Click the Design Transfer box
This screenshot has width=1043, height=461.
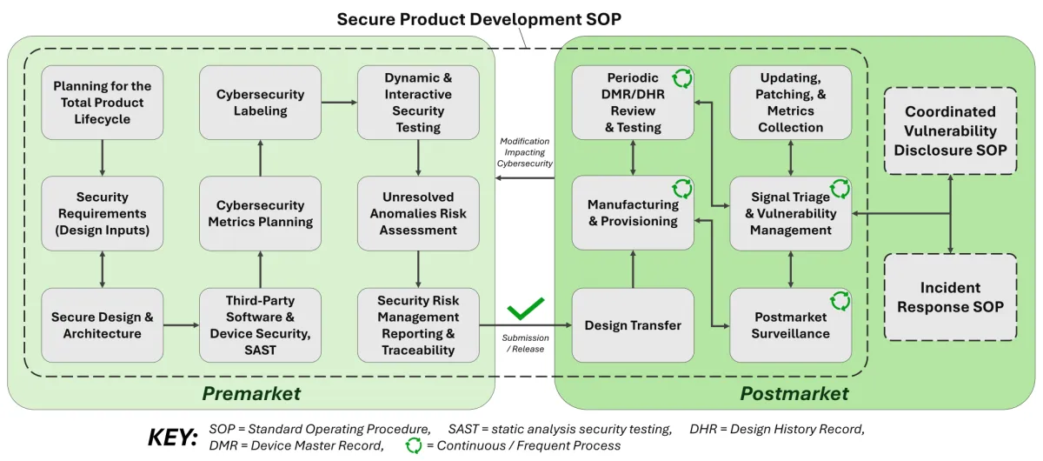pos(633,325)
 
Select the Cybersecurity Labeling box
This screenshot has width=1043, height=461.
pos(260,102)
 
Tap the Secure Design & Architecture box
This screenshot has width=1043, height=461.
pos(103,325)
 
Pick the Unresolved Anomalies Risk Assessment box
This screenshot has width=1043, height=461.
pos(418,214)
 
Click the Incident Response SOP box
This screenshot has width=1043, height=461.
pos(949,297)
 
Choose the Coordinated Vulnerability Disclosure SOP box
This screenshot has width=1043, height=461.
pos(949,130)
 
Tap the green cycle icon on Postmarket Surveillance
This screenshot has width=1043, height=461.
pos(840,301)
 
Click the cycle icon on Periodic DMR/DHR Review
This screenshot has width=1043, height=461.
pos(682,78)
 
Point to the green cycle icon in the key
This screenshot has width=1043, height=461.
pos(415,445)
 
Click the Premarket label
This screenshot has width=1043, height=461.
pos(251,394)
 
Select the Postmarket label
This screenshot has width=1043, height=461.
pos(794,394)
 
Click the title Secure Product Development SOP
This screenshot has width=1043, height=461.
pos(479,19)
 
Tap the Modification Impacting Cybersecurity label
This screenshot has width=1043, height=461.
pos(525,152)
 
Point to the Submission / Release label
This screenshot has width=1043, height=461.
pos(525,344)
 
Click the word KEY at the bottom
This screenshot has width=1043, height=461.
pos(174,438)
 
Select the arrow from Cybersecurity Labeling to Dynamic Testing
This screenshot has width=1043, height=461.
pos(339,102)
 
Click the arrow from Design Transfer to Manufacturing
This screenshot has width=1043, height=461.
pos(633,269)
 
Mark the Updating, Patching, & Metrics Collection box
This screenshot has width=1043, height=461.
pos(790,102)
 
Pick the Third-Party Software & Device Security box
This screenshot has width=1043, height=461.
pos(260,325)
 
